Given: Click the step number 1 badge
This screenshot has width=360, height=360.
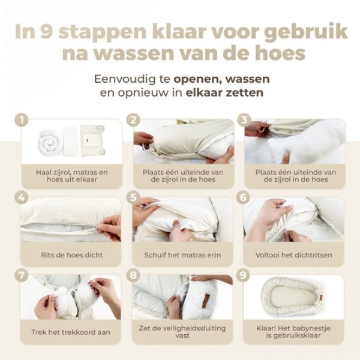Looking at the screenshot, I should point(22,120).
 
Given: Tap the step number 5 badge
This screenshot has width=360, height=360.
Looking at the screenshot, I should point(134,197).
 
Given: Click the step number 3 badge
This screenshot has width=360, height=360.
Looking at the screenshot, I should point(243,120).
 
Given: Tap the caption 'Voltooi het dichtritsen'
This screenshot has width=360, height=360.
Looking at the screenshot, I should point(292,255).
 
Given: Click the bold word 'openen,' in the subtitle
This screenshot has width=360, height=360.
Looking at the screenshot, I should point(198,79).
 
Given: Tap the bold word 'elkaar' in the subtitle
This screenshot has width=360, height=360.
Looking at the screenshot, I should point(205,94).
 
